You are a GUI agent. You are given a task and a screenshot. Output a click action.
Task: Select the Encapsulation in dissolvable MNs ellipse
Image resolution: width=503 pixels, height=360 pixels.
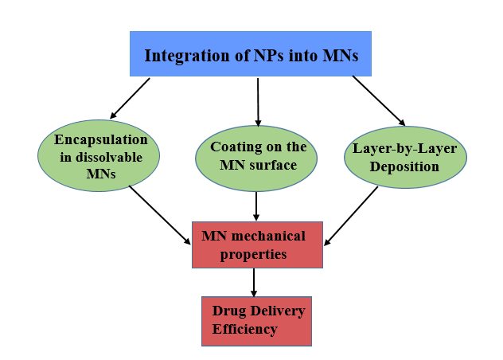click(98, 156)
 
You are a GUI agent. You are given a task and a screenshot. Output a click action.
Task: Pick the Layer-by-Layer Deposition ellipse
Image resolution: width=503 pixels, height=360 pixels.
click(406, 156)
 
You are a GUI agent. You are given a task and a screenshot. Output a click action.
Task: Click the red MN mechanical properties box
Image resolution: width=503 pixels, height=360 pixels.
click(257, 245)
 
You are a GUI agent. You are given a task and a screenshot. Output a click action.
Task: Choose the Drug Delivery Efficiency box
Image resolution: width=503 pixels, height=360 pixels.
click(255, 320)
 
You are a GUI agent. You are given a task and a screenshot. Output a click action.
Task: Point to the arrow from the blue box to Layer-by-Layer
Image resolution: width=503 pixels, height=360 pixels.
click(378, 100)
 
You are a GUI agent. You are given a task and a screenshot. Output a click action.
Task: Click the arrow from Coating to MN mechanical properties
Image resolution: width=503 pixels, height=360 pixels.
click(256, 206)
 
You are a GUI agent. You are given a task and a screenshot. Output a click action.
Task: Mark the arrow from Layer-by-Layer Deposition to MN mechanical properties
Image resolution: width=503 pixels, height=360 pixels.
click(351, 215)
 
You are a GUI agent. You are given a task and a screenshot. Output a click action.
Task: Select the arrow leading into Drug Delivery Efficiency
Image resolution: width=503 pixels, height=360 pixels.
click(254, 282)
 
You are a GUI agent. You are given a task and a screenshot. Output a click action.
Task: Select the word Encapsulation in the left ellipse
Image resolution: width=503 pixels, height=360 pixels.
click(101, 139)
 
